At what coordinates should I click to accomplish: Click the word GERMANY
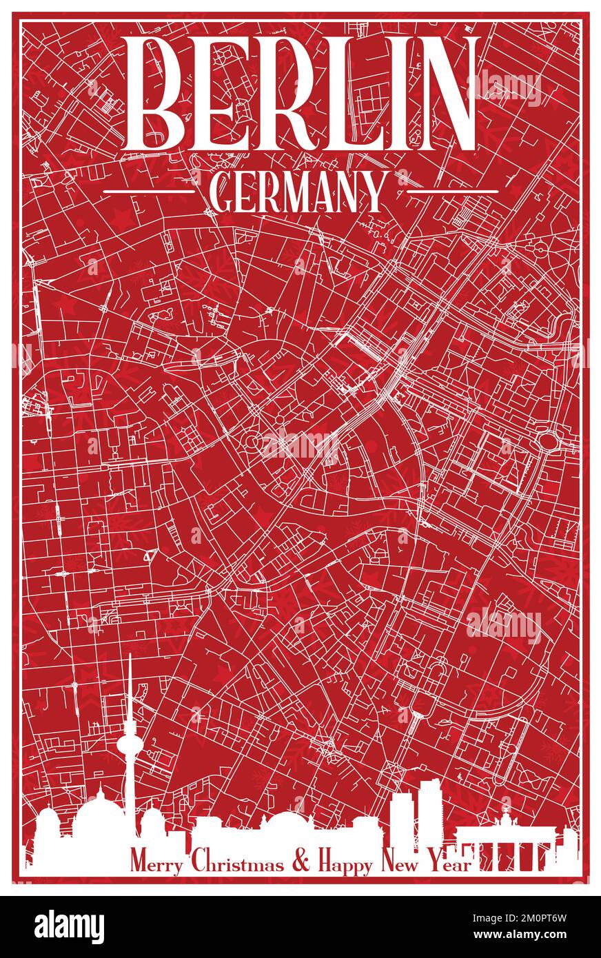click(297, 192)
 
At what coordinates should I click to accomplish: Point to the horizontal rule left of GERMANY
click(147, 191)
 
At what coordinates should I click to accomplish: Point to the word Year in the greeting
click(451, 864)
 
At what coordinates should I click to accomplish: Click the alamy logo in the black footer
click(70, 926)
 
